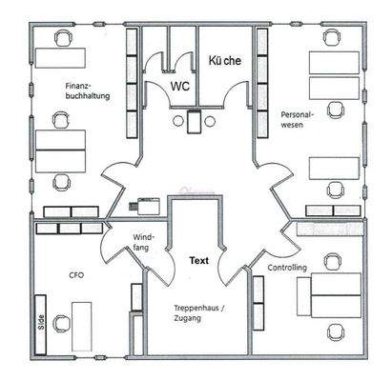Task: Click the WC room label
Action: (x=180, y=86)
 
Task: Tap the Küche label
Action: (x=225, y=60)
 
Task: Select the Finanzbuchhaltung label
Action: (x=88, y=90)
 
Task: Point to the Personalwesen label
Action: (x=298, y=119)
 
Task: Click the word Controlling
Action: (x=287, y=268)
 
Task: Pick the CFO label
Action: (x=76, y=274)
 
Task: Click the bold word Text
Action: (x=199, y=261)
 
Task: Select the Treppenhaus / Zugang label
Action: (x=199, y=313)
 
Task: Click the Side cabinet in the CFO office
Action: (x=40, y=325)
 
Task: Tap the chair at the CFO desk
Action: (x=61, y=324)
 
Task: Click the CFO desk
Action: (x=82, y=327)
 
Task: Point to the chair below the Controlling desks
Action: (x=335, y=332)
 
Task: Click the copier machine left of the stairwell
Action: (x=146, y=205)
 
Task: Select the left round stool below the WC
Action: (x=177, y=121)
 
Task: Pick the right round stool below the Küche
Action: (x=210, y=121)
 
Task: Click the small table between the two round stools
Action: (x=194, y=121)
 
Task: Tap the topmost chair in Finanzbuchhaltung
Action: (x=62, y=38)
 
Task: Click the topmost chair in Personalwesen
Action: (x=332, y=38)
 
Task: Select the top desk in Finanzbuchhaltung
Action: (x=60, y=58)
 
